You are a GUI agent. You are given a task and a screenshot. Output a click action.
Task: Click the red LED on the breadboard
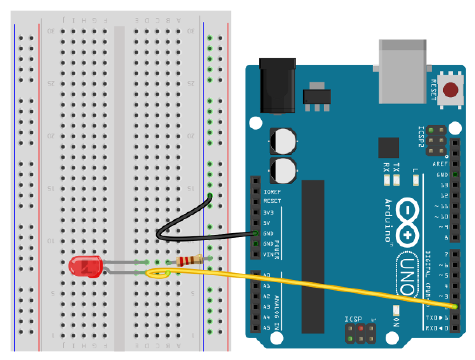click(85, 266)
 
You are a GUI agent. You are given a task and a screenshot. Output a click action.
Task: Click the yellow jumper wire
click(311, 287)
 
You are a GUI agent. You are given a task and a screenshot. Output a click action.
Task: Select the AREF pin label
click(440, 164)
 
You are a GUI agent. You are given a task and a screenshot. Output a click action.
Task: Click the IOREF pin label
click(272, 192)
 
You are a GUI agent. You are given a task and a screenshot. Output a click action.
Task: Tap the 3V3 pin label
click(269, 212)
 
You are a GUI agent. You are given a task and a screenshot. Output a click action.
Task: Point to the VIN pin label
click(269, 254)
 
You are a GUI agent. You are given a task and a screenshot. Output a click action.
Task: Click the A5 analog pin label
click(267, 328)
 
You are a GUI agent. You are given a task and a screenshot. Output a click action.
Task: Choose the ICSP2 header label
click(421, 136)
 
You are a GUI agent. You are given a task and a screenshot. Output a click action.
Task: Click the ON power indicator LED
click(396, 310)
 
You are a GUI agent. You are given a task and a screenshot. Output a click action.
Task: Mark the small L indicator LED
click(415, 180)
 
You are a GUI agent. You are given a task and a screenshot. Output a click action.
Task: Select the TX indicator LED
click(396, 180)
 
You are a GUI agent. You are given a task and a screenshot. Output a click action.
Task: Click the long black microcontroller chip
click(313, 257)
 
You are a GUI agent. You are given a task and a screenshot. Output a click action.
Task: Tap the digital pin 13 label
click(444, 185)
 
